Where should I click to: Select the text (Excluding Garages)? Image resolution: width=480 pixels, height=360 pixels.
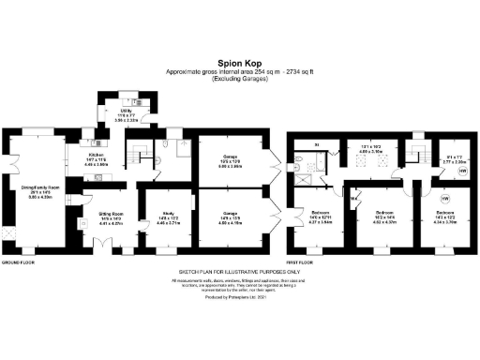[x=239, y=80]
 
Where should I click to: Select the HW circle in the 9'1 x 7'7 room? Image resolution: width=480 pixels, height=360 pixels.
[x=462, y=172]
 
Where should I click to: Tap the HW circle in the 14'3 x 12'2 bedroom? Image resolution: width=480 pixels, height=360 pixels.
[x=444, y=199]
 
